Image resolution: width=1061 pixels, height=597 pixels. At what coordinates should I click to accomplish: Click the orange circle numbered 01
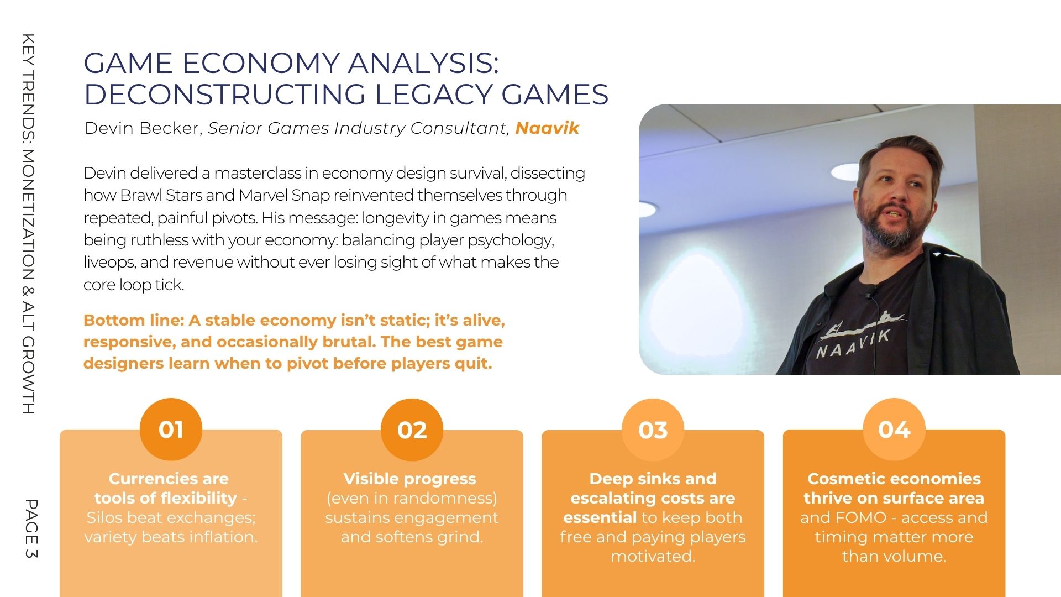(x=171, y=430)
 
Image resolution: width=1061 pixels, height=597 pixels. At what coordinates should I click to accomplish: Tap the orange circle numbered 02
(x=412, y=430)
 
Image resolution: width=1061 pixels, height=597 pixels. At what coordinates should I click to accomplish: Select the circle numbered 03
(x=653, y=430)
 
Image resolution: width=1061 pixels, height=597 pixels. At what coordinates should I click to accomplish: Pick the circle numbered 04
(x=894, y=430)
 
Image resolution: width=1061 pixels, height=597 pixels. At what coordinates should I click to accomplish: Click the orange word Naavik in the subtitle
(x=547, y=128)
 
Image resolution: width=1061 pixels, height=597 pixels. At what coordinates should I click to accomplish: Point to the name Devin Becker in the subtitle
(x=144, y=128)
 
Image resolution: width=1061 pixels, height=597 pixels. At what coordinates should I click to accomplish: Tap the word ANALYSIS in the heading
(x=423, y=63)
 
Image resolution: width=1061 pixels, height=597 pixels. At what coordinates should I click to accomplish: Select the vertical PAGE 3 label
(x=30, y=529)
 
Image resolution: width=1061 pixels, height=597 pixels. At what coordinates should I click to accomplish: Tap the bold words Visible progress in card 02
(x=409, y=479)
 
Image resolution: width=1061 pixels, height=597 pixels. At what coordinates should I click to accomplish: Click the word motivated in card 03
(x=653, y=556)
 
